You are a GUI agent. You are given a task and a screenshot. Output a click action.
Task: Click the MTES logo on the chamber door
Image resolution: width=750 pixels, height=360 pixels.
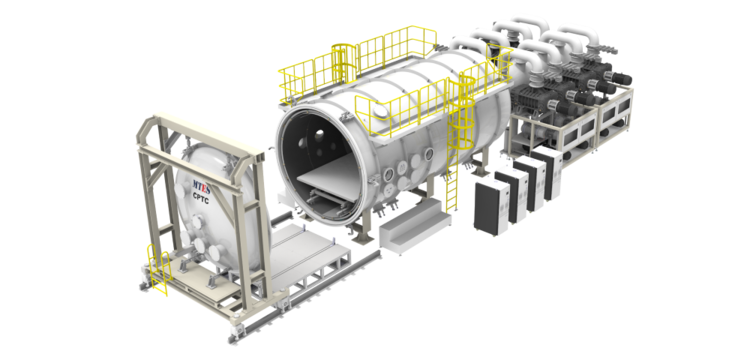click(x=201, y=185)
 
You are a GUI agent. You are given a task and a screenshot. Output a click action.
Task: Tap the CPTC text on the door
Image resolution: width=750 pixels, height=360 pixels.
click(x=201, y=195)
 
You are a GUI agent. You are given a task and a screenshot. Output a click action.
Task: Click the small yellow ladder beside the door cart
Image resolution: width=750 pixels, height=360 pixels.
click(x=159, y=269)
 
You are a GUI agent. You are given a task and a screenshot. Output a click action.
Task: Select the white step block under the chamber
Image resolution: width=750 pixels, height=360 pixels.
click(x=415, y=227)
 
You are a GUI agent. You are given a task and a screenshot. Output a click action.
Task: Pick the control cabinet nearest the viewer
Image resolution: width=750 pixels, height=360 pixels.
click(x=491, y=208)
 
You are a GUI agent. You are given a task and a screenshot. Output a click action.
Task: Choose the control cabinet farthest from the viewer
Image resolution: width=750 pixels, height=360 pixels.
click(x=548, y=172)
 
